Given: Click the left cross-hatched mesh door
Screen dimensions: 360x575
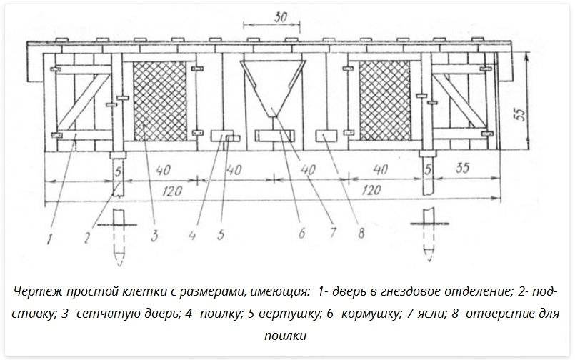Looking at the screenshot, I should (161, 100).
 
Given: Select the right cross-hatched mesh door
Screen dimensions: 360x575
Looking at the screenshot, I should (386, 100).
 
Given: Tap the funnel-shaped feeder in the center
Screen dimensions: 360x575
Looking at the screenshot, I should (274, 86).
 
